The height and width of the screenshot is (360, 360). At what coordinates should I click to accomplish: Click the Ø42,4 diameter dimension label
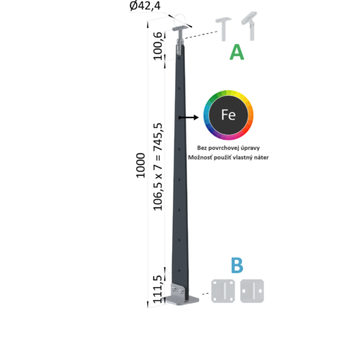pos(145,6)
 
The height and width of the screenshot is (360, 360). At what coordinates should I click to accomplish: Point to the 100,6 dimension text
pos(158,46)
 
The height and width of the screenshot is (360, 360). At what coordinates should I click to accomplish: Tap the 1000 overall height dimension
pos(140,166)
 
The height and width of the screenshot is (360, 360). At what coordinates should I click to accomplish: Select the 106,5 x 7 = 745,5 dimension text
pos(158,167)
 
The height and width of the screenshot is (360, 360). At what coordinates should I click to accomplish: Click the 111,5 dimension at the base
pos(158,289)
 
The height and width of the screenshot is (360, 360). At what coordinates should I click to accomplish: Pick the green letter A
pos(237,52)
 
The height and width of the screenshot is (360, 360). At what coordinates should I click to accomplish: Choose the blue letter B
pos(237,266)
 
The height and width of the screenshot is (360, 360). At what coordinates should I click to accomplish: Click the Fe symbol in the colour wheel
pos(228,114)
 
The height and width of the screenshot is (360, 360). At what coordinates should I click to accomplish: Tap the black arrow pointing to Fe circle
pos(189,117)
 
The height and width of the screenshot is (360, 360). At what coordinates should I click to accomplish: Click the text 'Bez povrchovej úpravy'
pos(228,148)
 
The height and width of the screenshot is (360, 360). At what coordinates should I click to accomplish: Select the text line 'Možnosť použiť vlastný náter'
pos(228,158)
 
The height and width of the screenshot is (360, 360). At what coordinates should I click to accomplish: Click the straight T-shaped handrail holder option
pos(223,29)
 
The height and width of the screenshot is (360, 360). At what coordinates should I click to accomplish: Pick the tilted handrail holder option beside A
pos(250,26)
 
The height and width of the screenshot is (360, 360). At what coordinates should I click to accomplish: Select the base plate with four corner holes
pos(223,291)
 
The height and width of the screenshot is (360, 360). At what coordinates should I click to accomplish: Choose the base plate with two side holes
pos(252,291)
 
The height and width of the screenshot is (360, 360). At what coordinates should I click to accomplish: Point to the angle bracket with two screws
pos(178,290)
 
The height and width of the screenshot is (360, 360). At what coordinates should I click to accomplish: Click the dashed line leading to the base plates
pos(205,294)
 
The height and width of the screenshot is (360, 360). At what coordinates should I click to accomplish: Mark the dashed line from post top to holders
pos(201,35)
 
